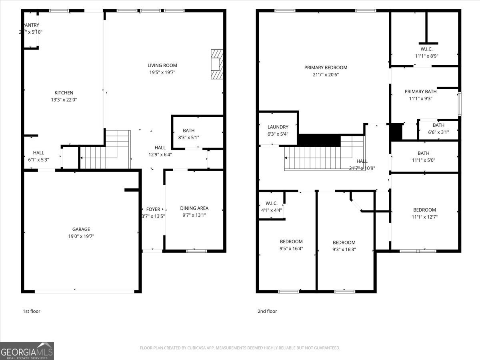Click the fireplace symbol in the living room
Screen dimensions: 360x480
216,64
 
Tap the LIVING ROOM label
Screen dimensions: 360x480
162,66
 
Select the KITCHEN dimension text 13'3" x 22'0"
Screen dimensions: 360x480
64,100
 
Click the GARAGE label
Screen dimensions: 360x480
81,229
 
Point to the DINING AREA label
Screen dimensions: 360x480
194,208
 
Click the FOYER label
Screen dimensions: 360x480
153,209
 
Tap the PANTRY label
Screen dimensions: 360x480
31,25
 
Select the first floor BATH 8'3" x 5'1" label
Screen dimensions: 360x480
189,130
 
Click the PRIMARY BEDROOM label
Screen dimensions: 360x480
326,68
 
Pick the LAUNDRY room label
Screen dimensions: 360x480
278,127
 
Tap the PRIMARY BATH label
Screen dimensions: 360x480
420,92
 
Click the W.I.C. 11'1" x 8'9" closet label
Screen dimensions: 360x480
426,49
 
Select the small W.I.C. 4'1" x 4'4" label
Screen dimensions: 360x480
271,203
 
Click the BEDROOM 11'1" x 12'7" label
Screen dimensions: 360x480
424,210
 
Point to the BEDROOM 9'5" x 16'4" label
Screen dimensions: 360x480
291,242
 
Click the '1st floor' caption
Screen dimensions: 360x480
31,311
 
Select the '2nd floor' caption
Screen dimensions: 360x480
267,311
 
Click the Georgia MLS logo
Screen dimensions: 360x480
27,351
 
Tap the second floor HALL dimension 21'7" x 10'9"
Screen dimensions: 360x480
362,168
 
